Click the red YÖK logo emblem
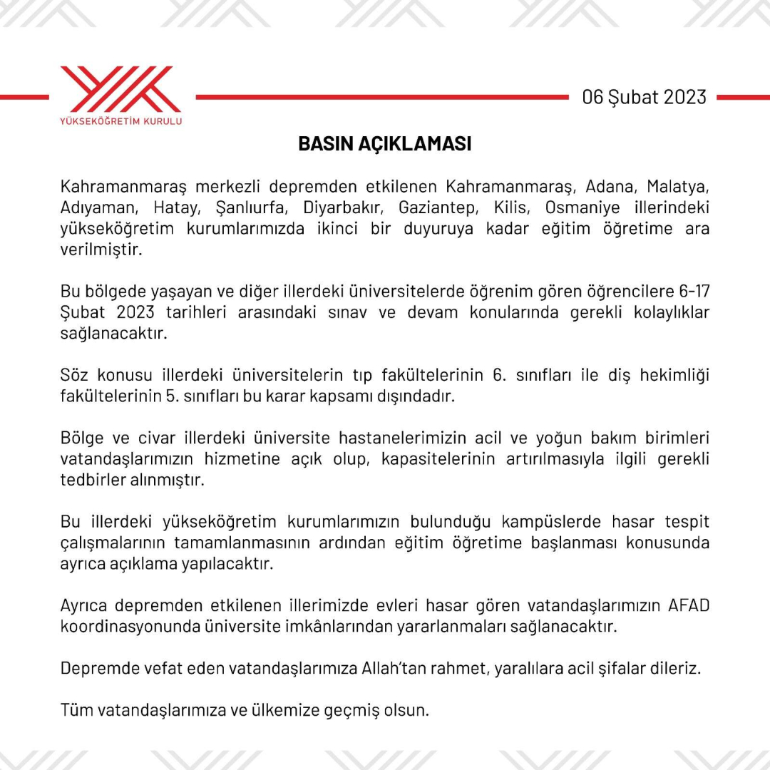[120, 89]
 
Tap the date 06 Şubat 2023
[644, 97]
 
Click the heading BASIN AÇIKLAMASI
[385, 144]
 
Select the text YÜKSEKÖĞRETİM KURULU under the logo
[120, 121]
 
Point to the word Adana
[610, 188]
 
